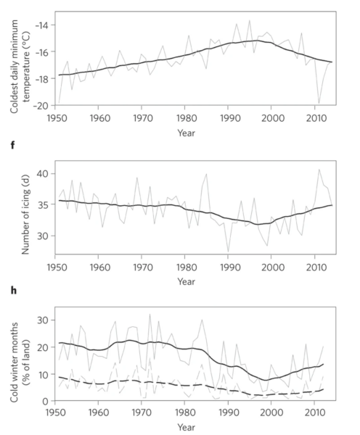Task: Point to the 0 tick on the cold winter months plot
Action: tap(45, 401)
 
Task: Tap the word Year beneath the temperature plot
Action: tap(187, 133)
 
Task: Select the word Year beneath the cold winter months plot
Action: tap(187, 427)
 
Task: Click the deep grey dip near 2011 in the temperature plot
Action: tap(318, 104)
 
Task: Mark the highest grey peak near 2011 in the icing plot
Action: tap(320, 170)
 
